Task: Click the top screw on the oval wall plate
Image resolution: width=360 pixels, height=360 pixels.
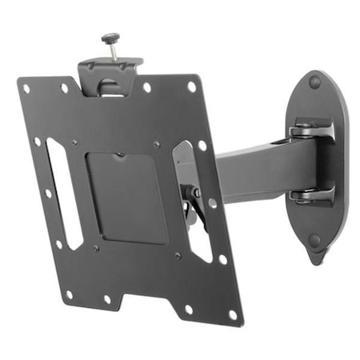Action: (x=314, y=82)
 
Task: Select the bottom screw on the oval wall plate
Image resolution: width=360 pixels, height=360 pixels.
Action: (x=315, y=240)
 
